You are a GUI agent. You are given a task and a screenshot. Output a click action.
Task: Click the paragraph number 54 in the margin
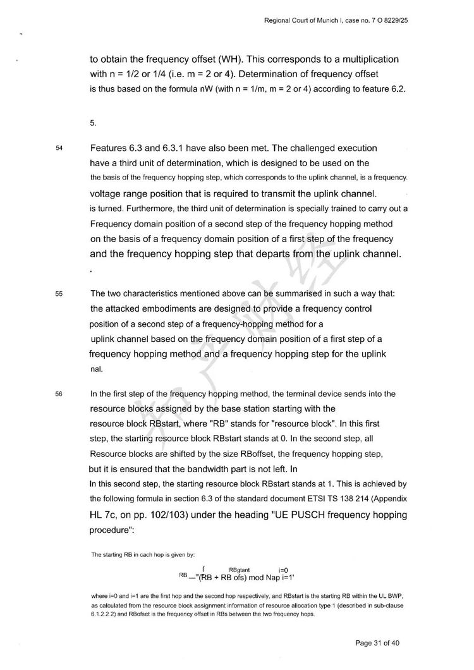click(x=59, y=148)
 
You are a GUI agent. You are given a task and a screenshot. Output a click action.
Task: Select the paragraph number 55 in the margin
click(x=59, y=294)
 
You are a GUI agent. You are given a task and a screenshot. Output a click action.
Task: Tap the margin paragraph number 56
click(x=59, y=394)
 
